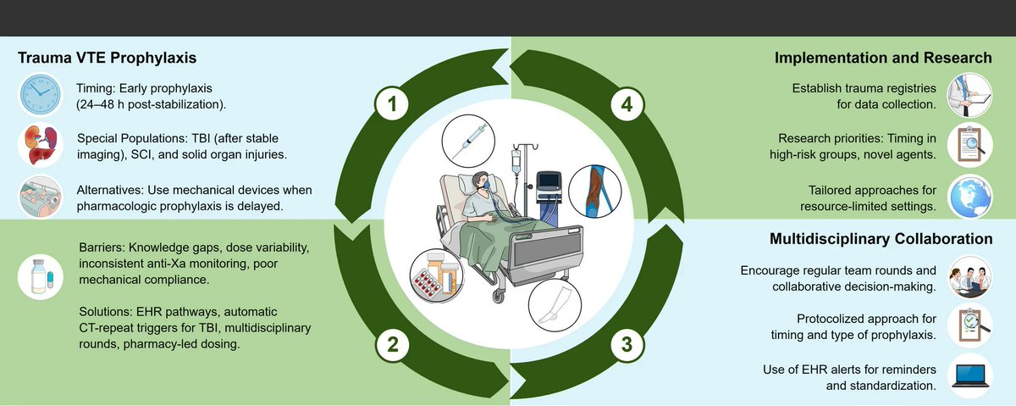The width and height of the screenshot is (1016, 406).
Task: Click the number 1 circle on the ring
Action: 392,105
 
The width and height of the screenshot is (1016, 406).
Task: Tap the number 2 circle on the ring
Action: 392,345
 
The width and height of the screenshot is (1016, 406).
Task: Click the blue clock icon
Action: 39,92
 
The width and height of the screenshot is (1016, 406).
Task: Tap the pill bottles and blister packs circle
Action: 437,274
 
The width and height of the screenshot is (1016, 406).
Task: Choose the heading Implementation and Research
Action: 884,58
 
